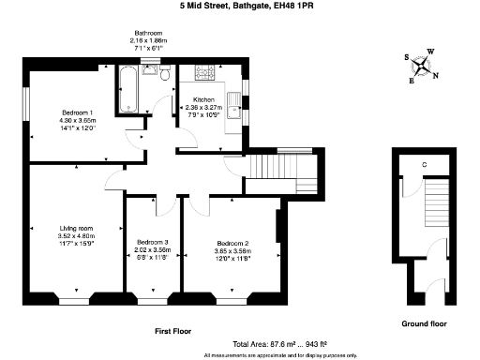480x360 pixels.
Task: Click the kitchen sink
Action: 233,104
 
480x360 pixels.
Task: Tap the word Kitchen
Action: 204,99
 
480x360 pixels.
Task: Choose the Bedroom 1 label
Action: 77,112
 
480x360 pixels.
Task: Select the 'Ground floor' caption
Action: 424,323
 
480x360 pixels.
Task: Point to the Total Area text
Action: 279,344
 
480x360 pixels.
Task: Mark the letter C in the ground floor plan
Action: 425,166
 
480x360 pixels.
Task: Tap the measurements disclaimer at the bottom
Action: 279,355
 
